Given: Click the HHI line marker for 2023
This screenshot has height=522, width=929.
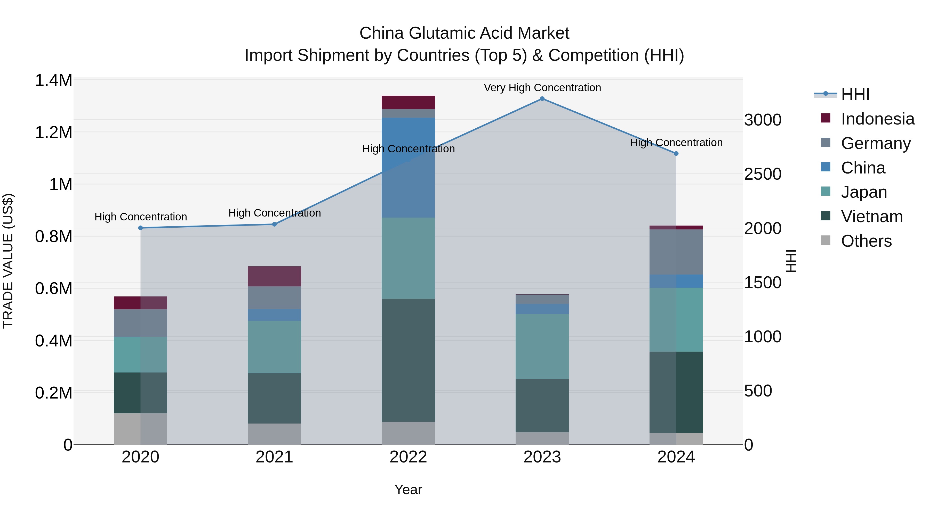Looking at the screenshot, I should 542,99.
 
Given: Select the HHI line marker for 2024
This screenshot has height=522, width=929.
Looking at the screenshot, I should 676,153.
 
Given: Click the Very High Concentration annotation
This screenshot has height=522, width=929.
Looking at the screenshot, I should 542,88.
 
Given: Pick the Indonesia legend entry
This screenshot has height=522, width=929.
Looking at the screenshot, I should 877,119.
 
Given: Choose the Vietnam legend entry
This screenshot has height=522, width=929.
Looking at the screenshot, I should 872,217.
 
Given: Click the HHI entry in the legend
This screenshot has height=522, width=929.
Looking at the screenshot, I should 855,94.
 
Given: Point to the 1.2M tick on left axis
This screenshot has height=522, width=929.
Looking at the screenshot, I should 53,132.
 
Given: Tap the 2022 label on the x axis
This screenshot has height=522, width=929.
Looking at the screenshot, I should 408,457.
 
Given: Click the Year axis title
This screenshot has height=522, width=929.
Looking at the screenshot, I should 408,490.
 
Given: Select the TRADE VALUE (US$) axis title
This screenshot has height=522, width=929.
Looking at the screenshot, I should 8,261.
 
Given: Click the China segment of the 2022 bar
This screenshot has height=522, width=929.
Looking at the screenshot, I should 408,168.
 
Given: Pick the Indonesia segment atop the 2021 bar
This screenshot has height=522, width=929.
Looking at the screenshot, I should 275,276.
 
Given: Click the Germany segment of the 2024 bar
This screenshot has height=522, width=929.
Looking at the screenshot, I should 676,252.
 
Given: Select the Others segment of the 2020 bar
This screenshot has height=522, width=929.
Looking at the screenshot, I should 141,429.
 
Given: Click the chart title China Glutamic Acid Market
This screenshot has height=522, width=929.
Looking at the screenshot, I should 464,33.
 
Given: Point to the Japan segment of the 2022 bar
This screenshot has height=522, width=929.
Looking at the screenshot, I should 408,258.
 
